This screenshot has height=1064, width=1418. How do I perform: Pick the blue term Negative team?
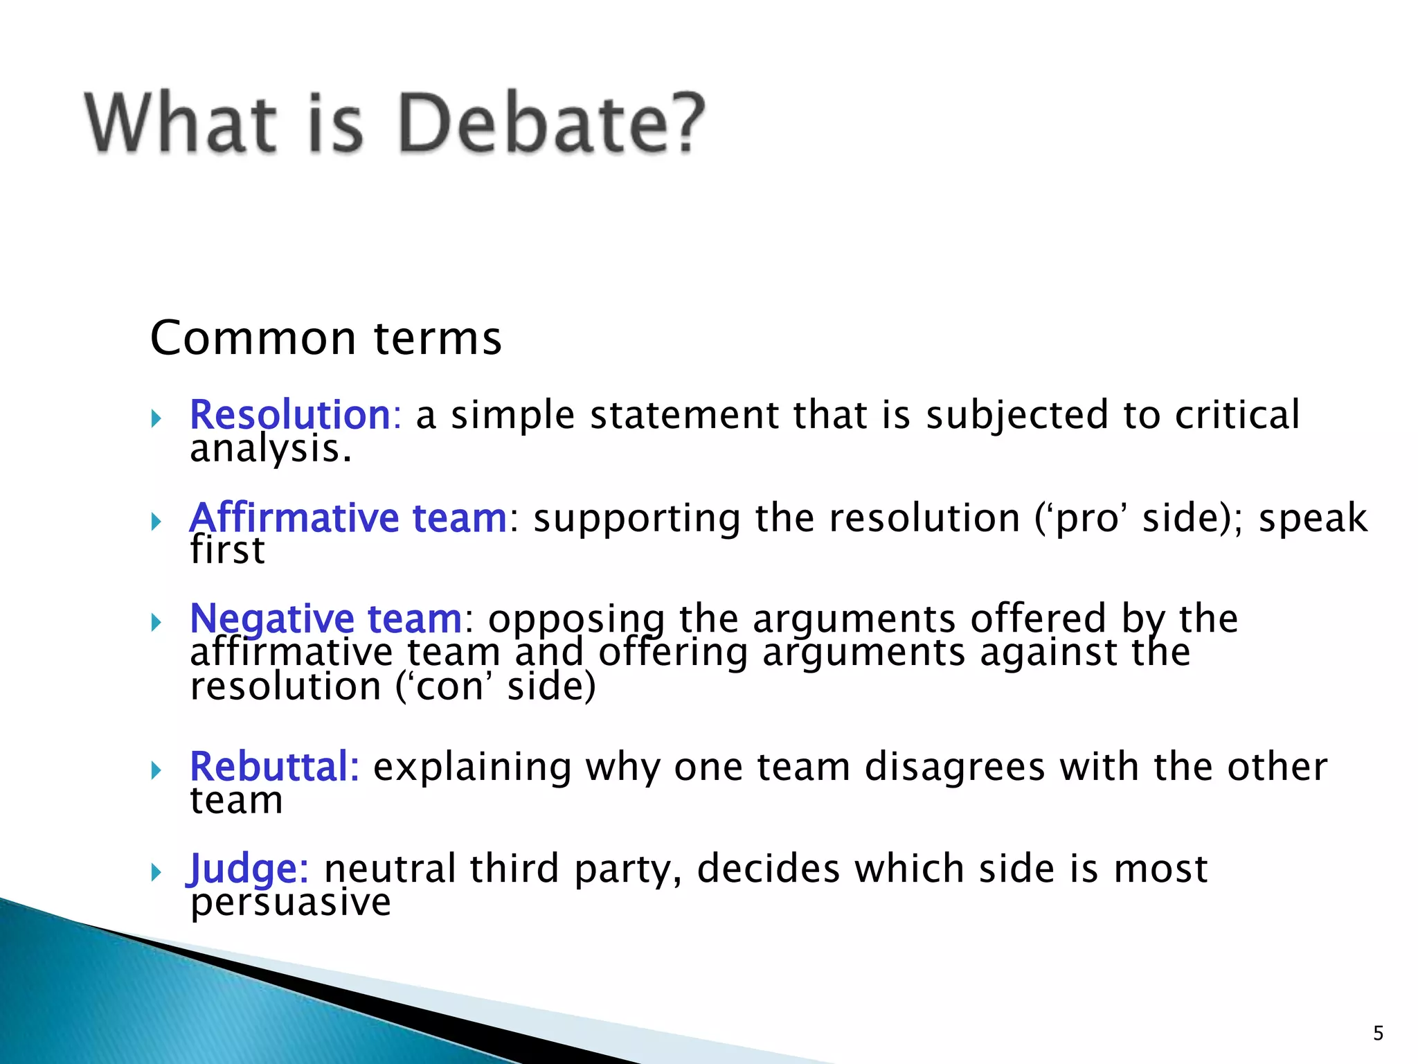(x=325, y=618)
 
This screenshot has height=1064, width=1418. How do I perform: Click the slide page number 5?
(x=1378, y=1034)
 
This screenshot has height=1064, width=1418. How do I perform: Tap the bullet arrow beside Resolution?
(x=156, y=418)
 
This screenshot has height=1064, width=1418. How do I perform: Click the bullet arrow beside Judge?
(x=156, y=872)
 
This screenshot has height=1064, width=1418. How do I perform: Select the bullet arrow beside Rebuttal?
(x=156, y=770)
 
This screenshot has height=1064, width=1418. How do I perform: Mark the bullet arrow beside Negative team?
(x=156, y=621)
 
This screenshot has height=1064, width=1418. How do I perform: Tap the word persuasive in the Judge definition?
(x=291, y=903)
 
